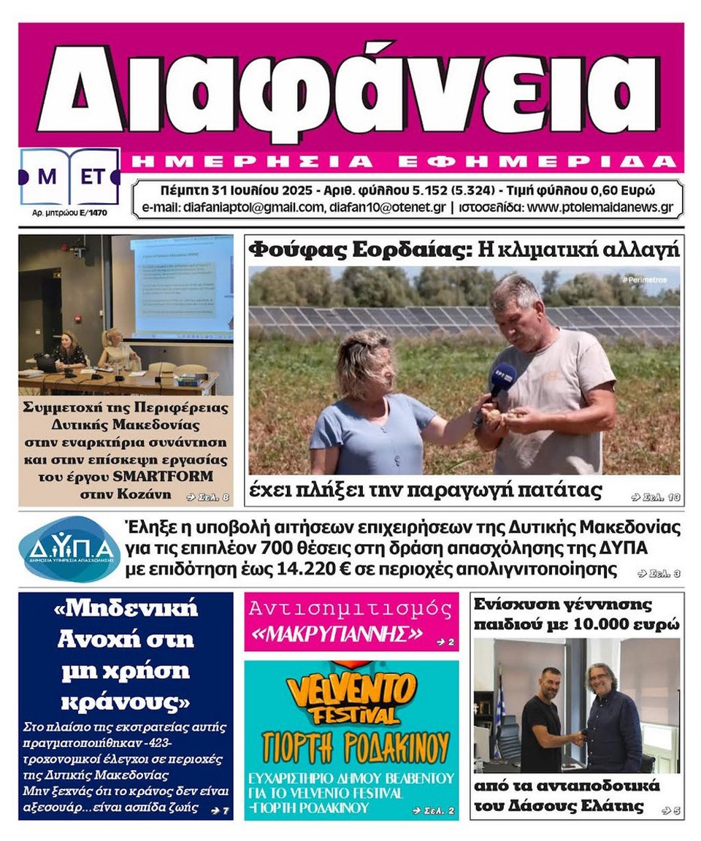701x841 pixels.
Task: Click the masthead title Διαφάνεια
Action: (349, 86)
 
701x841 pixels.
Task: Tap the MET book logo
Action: (69, 177)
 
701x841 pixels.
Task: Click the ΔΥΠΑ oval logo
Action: (69, 548)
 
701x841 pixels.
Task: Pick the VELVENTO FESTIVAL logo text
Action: (351, 698)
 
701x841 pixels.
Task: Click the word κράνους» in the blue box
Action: (125, 702)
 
